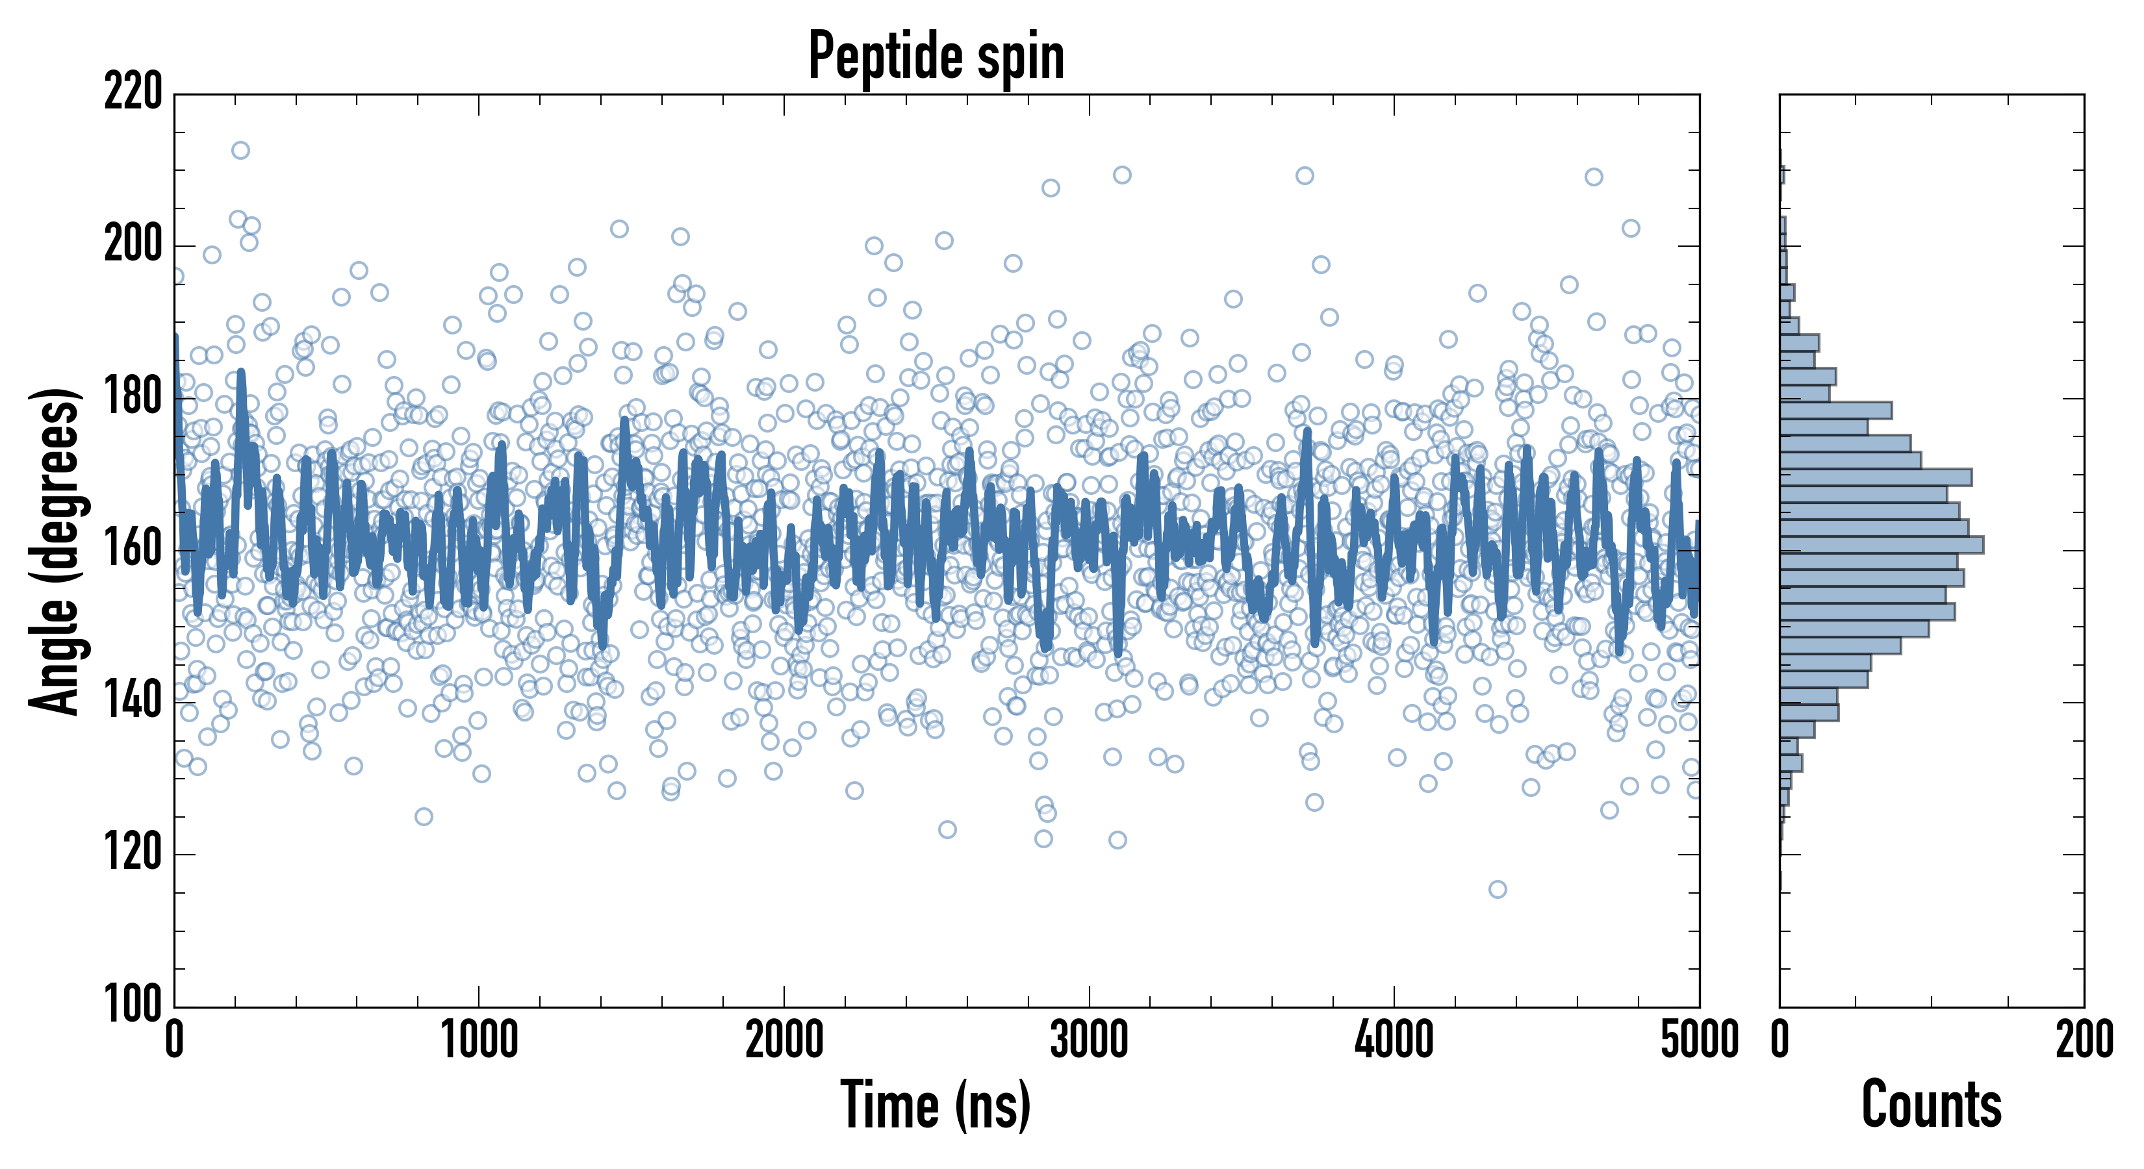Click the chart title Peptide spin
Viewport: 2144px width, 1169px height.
(x=936, y=57)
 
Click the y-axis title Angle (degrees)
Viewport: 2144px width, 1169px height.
(x=55, y=551)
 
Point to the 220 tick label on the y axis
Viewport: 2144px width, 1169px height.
(x=133, y=93)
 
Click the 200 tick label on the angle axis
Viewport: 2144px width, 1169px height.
(x=133, y=245)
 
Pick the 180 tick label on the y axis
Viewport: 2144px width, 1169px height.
(x=133, y=397)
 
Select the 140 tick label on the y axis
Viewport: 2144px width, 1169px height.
(x=133, y=701)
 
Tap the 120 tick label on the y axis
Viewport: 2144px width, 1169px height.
(x=133, y=853)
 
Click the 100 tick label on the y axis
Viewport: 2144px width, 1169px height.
(x=133, y=1005)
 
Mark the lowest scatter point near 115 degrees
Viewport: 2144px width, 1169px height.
(x=1498, y=890)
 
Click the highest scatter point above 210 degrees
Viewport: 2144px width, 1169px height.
(x=240, y=151)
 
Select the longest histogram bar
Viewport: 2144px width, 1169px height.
(x=1881, y=545)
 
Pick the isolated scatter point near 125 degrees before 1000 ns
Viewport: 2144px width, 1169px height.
(x=424, y=816)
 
